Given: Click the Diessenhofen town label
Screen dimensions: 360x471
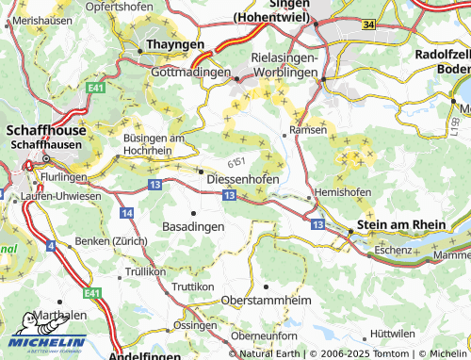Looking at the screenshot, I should pyautogui.click(x=242, y=176).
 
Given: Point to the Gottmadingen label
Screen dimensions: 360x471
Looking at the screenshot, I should pyautogui.click(x=191, y=73).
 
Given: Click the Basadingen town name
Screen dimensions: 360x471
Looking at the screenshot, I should pyautogui.click(x=193, y=227).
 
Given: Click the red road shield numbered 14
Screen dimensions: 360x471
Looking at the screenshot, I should pyautogui.click(x=126, y=214).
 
